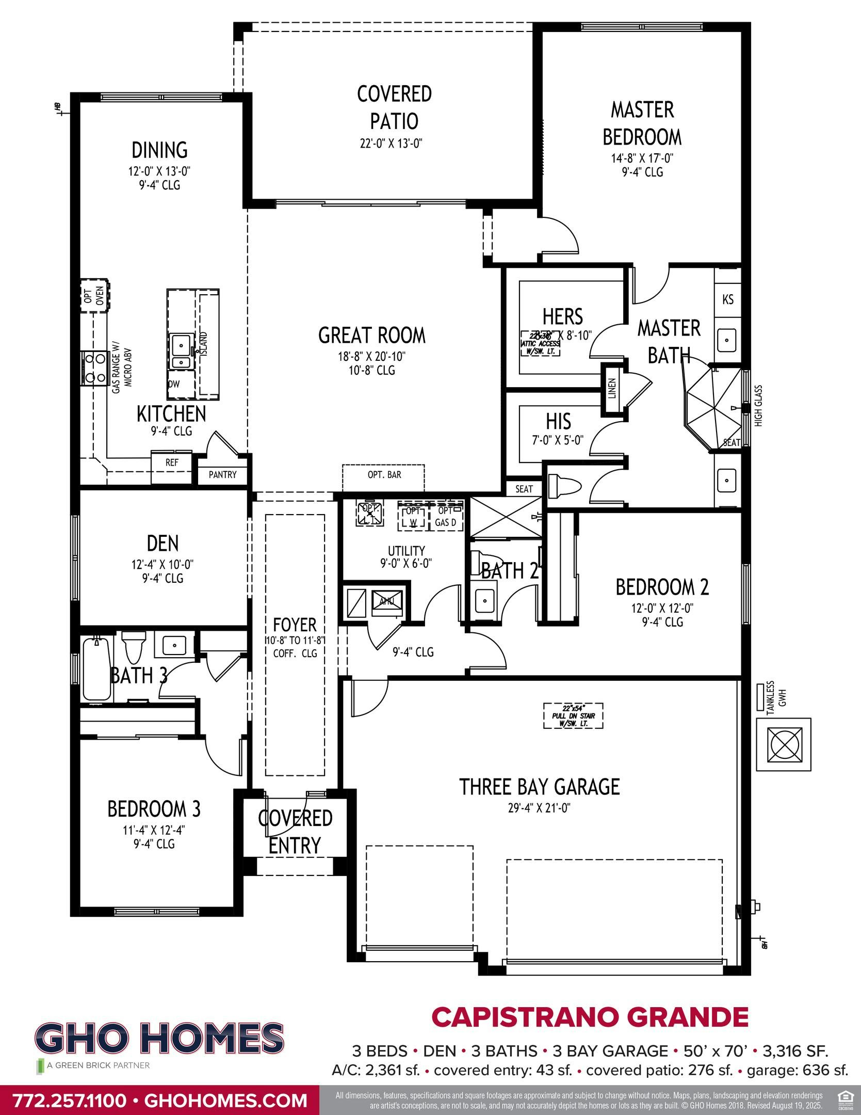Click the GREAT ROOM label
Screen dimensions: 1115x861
[x=372, y=336]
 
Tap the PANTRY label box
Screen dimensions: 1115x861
[x=223, y=474]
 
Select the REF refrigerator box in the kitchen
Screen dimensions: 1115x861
[x=172, y=463]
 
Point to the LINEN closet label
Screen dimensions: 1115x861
[x=612, y=389]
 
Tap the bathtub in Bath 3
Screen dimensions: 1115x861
[x=96, y=669]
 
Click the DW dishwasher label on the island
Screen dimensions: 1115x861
[x=174, y=384]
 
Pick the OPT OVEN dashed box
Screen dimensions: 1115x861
[x=95, y=296]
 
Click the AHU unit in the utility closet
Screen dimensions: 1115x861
[x=386, y=601]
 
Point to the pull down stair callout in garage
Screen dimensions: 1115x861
[x=574, y=716]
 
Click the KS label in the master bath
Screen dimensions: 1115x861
[x=728, y=299]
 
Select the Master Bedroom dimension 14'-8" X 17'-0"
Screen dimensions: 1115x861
[x=642, y=158]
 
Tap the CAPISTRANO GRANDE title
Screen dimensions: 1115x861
[x=590, y=1017]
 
